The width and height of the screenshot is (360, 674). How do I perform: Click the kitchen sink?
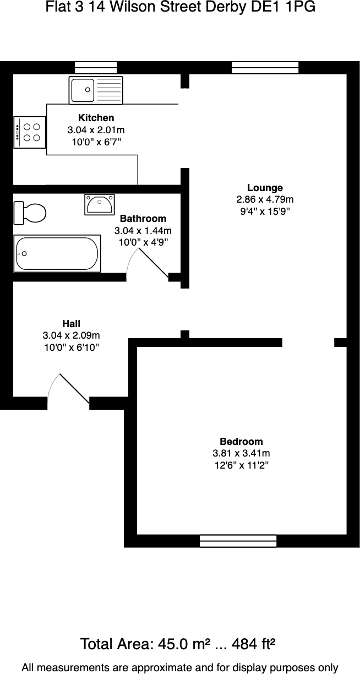click(96, 90)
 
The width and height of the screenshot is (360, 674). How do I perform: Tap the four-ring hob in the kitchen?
click(30, 132)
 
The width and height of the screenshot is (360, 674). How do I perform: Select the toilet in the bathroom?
click(30, 212)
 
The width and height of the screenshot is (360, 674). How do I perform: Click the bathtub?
click(57, 253)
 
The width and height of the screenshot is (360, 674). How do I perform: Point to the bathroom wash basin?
click(100, 204)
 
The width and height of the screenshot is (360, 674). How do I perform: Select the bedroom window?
click(238, 541)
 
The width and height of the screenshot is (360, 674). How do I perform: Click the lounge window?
click(265, 68)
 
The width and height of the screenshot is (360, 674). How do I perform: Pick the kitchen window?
click(96, 68)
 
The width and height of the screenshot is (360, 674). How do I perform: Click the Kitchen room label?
click(96, 118)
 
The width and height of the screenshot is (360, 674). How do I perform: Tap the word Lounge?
click(265, 188)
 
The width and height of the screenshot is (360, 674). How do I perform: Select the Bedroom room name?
click(241, 442)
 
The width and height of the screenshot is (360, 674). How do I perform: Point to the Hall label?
click(72, 324)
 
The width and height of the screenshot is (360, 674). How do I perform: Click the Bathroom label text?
click(143, 219)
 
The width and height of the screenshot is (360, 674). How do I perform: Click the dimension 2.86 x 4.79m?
click(265, 199)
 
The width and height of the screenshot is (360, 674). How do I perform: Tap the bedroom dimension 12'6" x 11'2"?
click(241, 466)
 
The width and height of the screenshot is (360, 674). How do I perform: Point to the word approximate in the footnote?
click(160, 667)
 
